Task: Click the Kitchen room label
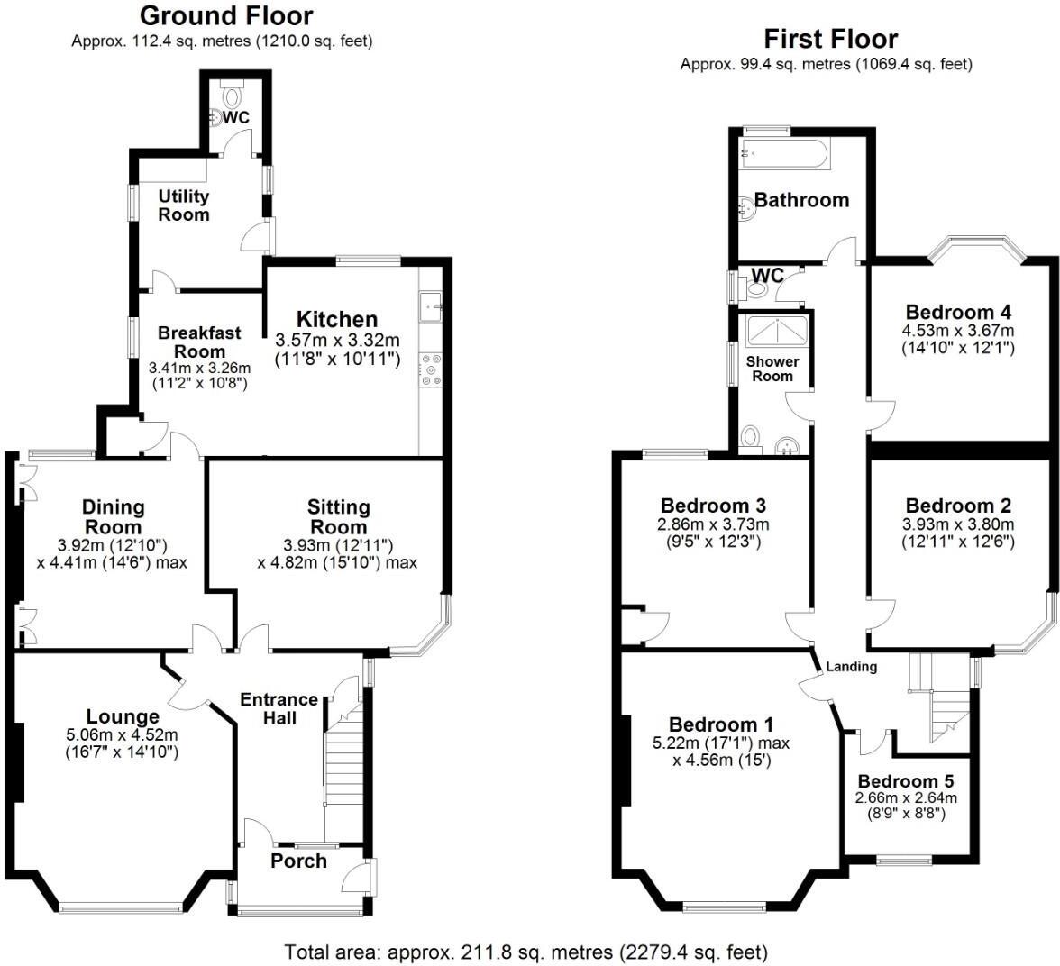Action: click(x=337, y=319)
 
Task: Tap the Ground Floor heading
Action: click(x=226, y=16)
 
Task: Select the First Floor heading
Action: click(x=830, y=39)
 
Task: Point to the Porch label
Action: click(x=298, y=861)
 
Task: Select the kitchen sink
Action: click(x=431, y=305)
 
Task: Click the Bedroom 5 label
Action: click(x=905, y=781)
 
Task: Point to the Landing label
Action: click(x=851, y=667)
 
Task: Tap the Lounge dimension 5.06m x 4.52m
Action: click(x=123, y=734)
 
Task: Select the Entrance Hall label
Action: click(x=279, y=708)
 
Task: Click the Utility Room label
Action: click(x=184, y=205)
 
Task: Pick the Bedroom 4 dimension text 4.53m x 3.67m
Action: click(x=958, y=331)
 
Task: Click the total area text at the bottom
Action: click(x=526, y=952)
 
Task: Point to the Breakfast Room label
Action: click(x=199, y=342)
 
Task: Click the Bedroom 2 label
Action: click(x=958, y=506)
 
